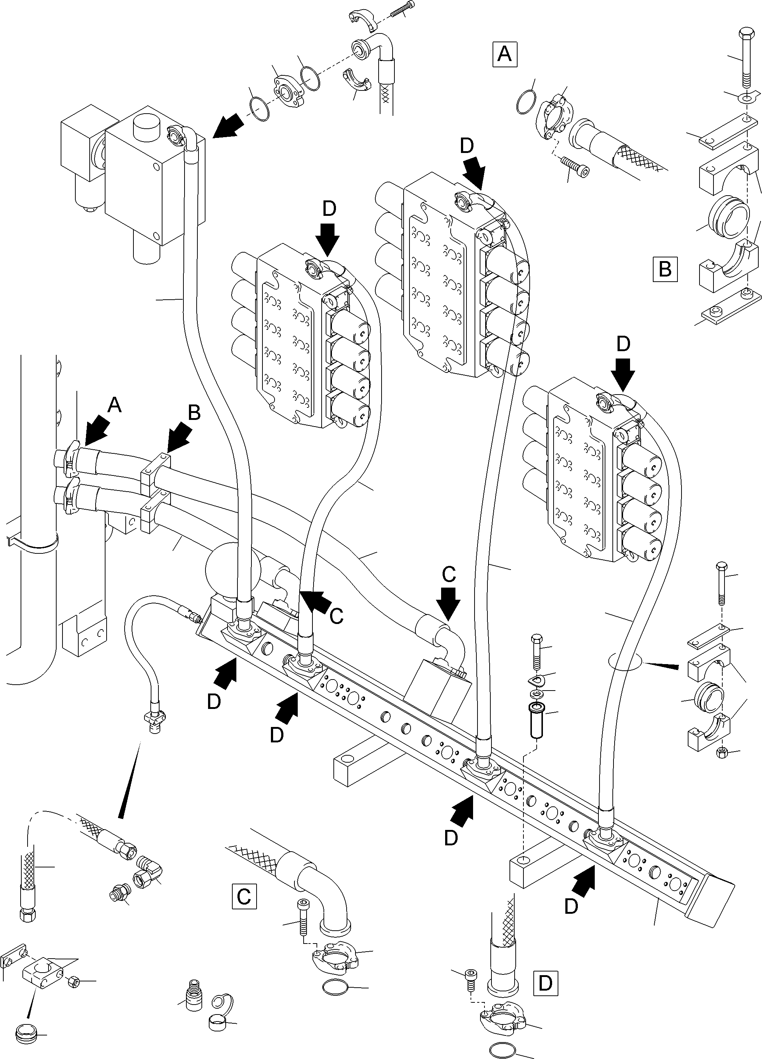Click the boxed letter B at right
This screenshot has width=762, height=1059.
(665, 270)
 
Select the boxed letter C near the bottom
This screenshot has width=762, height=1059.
(244, 896)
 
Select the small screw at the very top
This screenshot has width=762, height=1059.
(401, 10)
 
